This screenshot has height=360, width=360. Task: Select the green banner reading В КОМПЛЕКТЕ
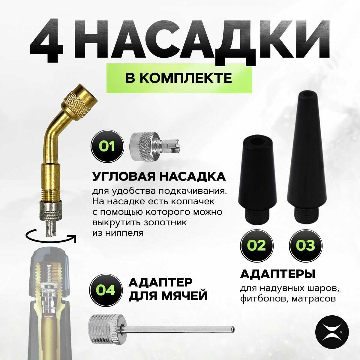179,78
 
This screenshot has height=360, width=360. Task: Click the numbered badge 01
107,147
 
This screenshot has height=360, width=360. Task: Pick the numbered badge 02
256,245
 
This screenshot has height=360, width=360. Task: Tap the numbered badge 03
306,245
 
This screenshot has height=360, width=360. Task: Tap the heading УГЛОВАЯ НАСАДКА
159,176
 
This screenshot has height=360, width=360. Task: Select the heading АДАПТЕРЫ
277,274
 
